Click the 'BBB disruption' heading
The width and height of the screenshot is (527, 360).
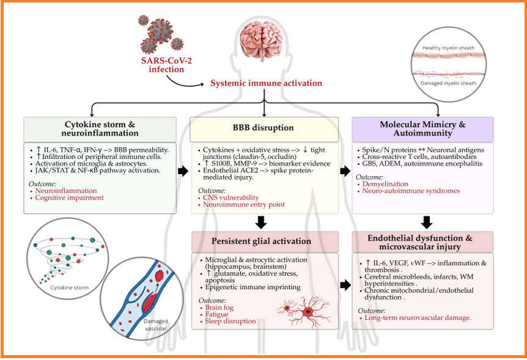tap(263, 128)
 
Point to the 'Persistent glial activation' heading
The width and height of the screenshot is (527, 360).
tap(264, 241)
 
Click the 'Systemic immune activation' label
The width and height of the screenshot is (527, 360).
tap(266, 83)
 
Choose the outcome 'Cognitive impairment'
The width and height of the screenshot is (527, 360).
tap(70, 198)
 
